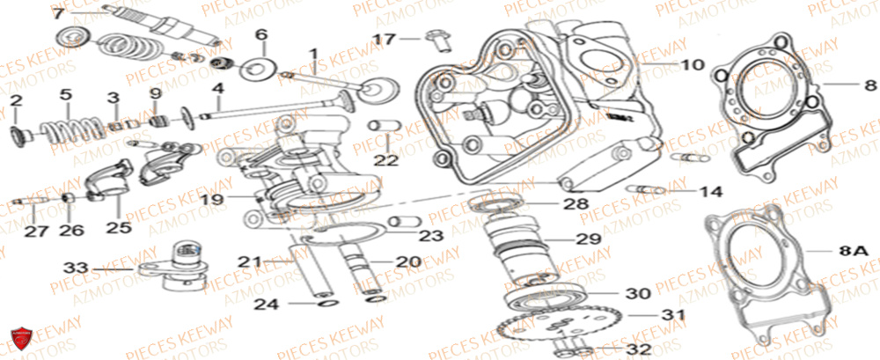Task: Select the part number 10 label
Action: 693,64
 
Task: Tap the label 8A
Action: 853,251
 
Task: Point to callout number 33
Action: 77,266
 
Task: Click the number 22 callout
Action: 385,159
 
